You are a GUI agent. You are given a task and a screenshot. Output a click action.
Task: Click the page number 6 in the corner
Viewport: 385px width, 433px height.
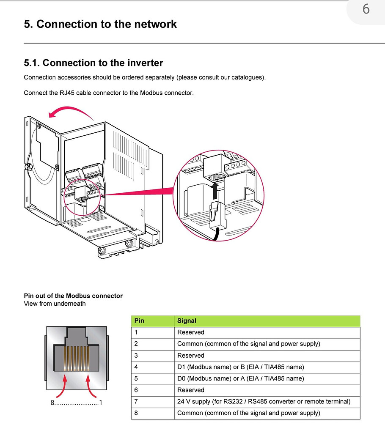[366, 9]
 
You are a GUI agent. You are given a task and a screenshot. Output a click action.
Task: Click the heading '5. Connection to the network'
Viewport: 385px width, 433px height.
[100, 24]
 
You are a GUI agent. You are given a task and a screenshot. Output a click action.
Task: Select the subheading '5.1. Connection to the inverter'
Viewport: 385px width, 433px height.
[93, 63]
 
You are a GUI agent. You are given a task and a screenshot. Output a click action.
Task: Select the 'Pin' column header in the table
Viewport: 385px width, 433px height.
[139, 321]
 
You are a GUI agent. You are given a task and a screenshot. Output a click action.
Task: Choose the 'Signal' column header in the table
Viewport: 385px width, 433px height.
[187, 321]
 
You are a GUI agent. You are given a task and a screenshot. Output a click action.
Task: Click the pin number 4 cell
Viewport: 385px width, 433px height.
[136, 367]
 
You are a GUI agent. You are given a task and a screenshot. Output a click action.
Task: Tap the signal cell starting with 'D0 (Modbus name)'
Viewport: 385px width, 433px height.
[240, 378]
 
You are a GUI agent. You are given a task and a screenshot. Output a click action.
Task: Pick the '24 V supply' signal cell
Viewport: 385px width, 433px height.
[264, 402]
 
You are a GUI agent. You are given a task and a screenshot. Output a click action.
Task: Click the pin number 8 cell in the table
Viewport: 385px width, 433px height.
[136, 413]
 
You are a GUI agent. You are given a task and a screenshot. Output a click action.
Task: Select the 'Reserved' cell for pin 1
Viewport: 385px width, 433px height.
[190, 332]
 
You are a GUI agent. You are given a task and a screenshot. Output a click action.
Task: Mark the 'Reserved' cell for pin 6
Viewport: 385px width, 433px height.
[190, 390]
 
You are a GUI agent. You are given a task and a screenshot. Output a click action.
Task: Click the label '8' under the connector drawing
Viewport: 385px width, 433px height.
[52, 403]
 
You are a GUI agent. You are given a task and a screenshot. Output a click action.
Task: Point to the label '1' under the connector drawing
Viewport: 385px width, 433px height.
[100, 403]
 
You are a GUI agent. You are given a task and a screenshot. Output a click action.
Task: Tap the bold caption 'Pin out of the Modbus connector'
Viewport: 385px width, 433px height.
[73, 296]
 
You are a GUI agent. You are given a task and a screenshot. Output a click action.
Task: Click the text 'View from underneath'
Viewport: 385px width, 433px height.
[55, 304]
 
